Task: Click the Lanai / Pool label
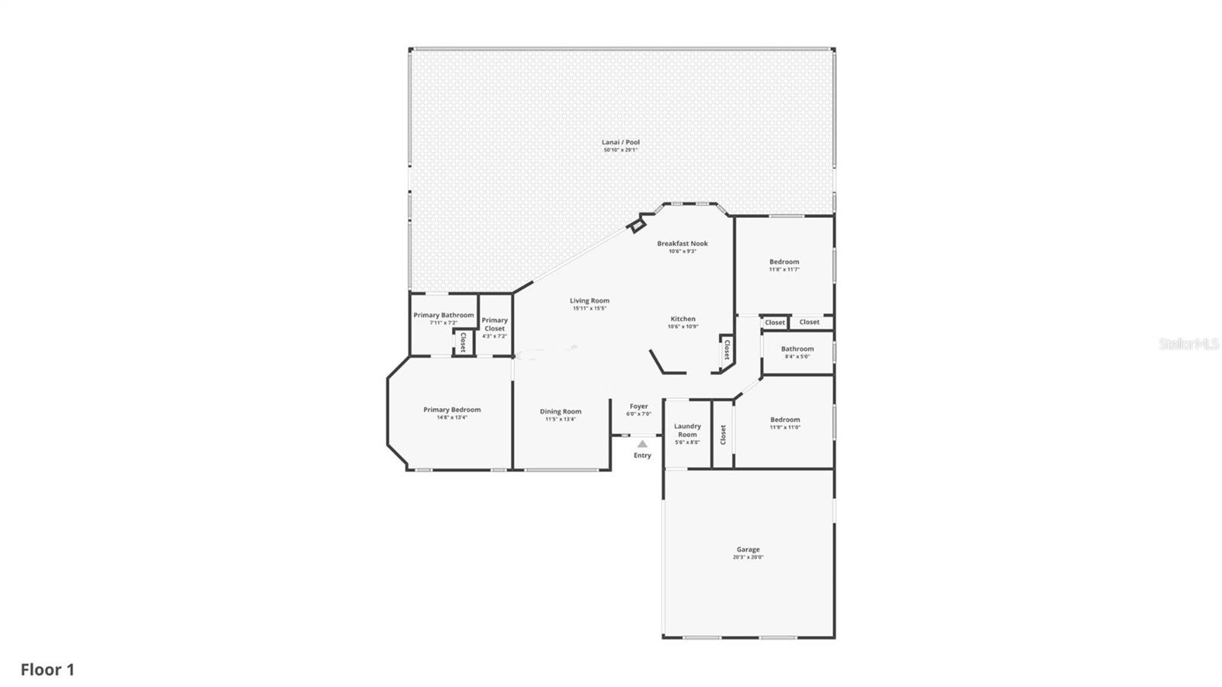tap(620, 142)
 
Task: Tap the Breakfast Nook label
tap(682, 244)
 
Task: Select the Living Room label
tap(589, 301)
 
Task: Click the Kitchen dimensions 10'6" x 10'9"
tap(683, 327)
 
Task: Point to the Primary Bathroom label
tap(443, 315)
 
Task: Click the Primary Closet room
tap(494, 325)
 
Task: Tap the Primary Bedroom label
tap(451, 410)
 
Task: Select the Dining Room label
tap(561, 411)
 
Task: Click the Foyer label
tap(638, 407)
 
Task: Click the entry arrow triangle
tap(642, 443)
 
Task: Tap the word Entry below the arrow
tap(642, 455)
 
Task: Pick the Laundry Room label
tap(687, 430)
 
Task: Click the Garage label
tap(748, 549)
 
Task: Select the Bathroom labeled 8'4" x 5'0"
tap(797, 352)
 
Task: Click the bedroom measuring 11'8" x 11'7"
tap(784, 265)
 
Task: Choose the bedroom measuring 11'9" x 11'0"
tap(784, 423)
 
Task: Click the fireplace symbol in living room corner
tap(635, 225)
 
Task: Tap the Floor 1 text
tap(47, 669)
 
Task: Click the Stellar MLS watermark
tap(1188, 344)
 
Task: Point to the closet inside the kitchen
tap(726, 350)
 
